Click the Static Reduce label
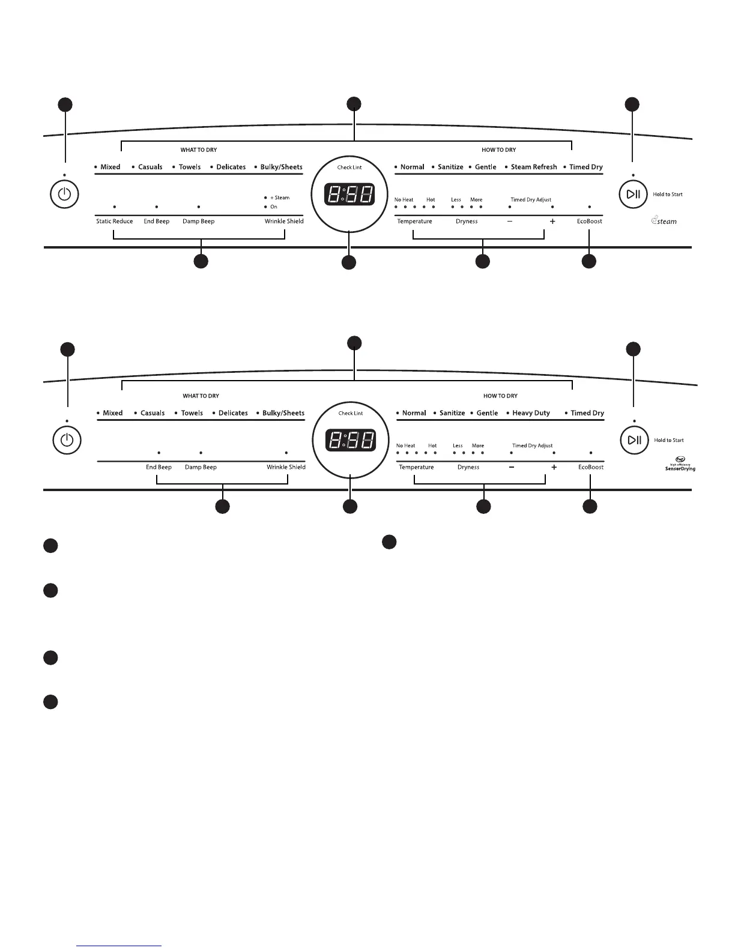(x=114, y=222)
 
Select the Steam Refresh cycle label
(x=533, y=167)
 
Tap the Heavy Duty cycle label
(x=531, y=413)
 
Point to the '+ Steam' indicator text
(x=280, y=198)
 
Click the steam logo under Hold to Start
(x=664, y=221)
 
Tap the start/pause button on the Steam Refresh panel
(x=633, y=195)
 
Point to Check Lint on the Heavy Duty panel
(x=350, y=413)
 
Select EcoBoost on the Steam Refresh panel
(x=589, y=222)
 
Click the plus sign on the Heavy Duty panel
(x=554, y=467)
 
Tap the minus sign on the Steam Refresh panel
(x=509, y=222)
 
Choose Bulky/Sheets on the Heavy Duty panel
(x=283, y=413)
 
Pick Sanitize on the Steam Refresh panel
(x=450, y=167)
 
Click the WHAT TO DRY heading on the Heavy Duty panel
(x=201, y=396)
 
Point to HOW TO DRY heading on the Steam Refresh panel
(x=498, y=150)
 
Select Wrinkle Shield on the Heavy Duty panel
(x=286, y=467)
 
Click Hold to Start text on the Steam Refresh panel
(x=668, y=195)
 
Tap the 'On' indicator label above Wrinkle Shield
(x=274, y=207)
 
